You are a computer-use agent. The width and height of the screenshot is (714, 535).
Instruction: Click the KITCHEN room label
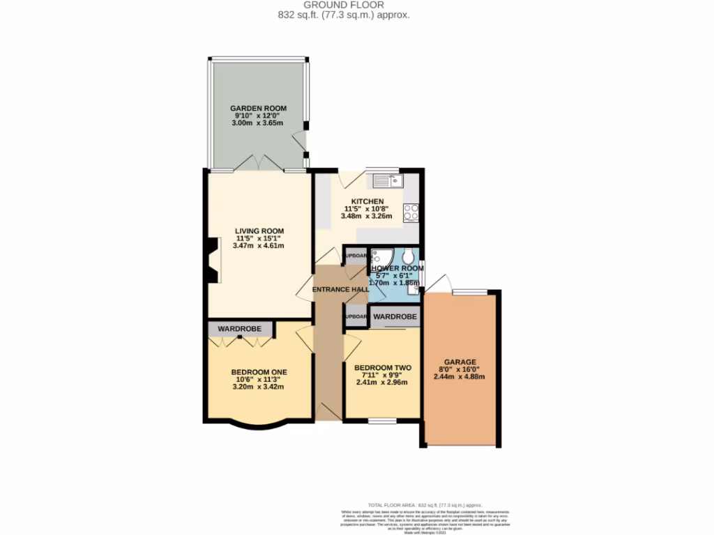coord(367,201)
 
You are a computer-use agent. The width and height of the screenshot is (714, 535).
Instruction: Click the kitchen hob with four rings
coord(410,212)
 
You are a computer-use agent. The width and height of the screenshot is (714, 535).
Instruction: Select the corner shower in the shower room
coord(380,256)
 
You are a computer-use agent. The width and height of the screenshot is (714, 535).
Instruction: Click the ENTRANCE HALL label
coord(340,289)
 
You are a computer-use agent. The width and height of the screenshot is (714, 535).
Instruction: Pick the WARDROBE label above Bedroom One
coord(239,328)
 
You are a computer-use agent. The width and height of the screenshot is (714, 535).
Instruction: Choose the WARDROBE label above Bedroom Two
coord(395,317)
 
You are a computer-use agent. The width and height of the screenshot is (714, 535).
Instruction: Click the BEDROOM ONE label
coord(259,372)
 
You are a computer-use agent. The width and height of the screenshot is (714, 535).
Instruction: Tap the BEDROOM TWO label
coord(382,368)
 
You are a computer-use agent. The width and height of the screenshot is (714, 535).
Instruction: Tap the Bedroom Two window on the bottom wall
coord(382,420)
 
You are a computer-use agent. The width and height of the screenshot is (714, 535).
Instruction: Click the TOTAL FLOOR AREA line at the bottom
coord(425,504)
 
